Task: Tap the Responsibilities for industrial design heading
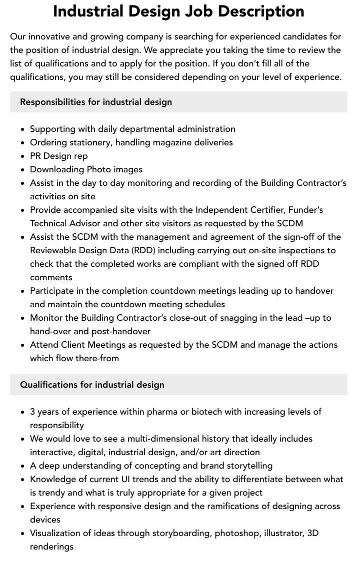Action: (96, 102)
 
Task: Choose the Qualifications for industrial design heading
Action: (92, 385)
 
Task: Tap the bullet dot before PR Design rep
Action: (23, 156)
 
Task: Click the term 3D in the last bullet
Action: (312, 533)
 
